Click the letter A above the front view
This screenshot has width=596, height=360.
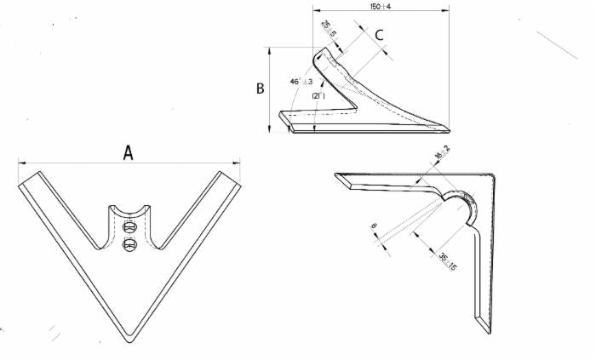pyautogui.click(x=129, y=152)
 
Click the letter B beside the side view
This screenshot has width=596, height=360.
pyautogui.click(x=262, y=88)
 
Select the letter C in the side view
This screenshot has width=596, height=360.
pyautogui.click(x=380, y=35)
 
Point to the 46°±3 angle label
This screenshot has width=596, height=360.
pyautogui.click(x=301, y=81)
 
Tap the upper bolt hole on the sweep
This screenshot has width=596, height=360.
pyautogui.click(x=129, y=228)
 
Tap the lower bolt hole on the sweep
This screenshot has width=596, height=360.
pyautogui.click(x=129, y=245)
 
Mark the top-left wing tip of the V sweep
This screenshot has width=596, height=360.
pyautogui.click(x=27, y=177)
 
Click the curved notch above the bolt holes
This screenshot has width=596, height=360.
pyautogui.click(x=129, y=209)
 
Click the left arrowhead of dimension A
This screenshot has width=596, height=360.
pyautogui.click(x=20, y=162)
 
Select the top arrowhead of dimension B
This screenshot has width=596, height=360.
pyautogui.click(x=271, y=49)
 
